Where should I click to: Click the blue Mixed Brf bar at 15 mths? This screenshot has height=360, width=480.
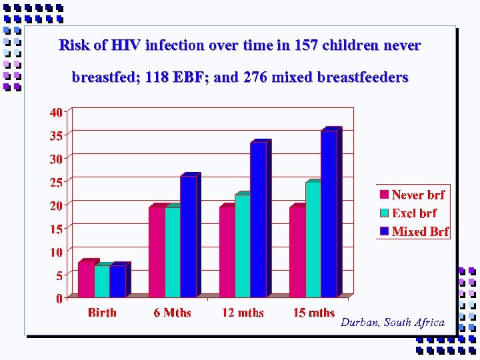(x=329, y=213)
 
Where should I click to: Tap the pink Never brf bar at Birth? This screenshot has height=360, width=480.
(x=86, y=279)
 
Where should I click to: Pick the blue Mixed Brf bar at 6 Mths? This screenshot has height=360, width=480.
(x=188, y=236)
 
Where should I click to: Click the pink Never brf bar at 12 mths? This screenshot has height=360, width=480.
(x=227, y=251)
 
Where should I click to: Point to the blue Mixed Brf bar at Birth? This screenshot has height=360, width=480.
(x=118, y=281)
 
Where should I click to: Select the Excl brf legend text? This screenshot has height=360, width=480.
(x=414, y=213)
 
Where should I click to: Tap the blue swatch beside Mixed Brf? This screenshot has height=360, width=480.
(x=384, y=231)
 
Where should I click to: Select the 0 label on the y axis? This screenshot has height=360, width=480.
(x=59, y=298)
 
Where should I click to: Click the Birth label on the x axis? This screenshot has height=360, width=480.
(x=102, y=313)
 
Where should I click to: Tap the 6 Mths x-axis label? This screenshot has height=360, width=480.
(x=172, y=313)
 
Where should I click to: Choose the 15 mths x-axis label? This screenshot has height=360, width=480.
(x=314, y=313)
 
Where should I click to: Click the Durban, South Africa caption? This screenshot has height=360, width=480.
(x=392, y=323)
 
